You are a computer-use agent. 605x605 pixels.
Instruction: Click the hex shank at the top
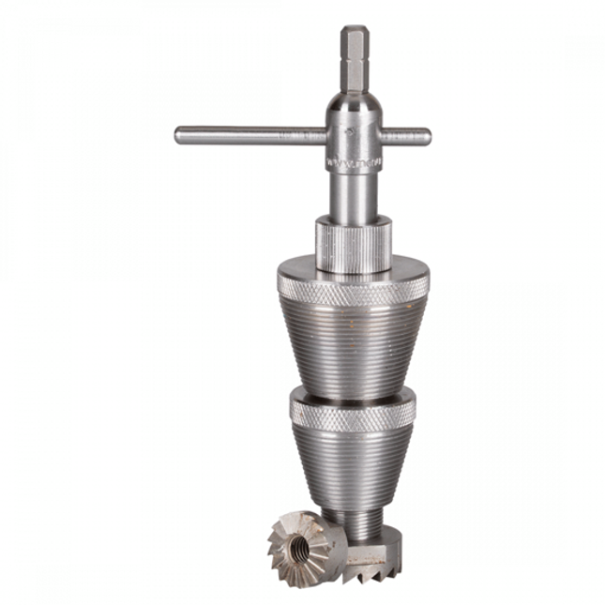click(354, 61)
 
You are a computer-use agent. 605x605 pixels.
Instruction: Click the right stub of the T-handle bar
click(408, 136)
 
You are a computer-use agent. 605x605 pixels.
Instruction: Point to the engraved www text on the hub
click(349, 162)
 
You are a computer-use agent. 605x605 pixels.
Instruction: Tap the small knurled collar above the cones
click(352, 246)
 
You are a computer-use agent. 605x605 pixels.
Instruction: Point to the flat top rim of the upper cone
click(354, 273)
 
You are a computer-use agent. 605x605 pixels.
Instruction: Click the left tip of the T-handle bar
click(179, 134)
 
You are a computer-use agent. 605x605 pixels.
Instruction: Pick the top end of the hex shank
click(354, 30)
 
